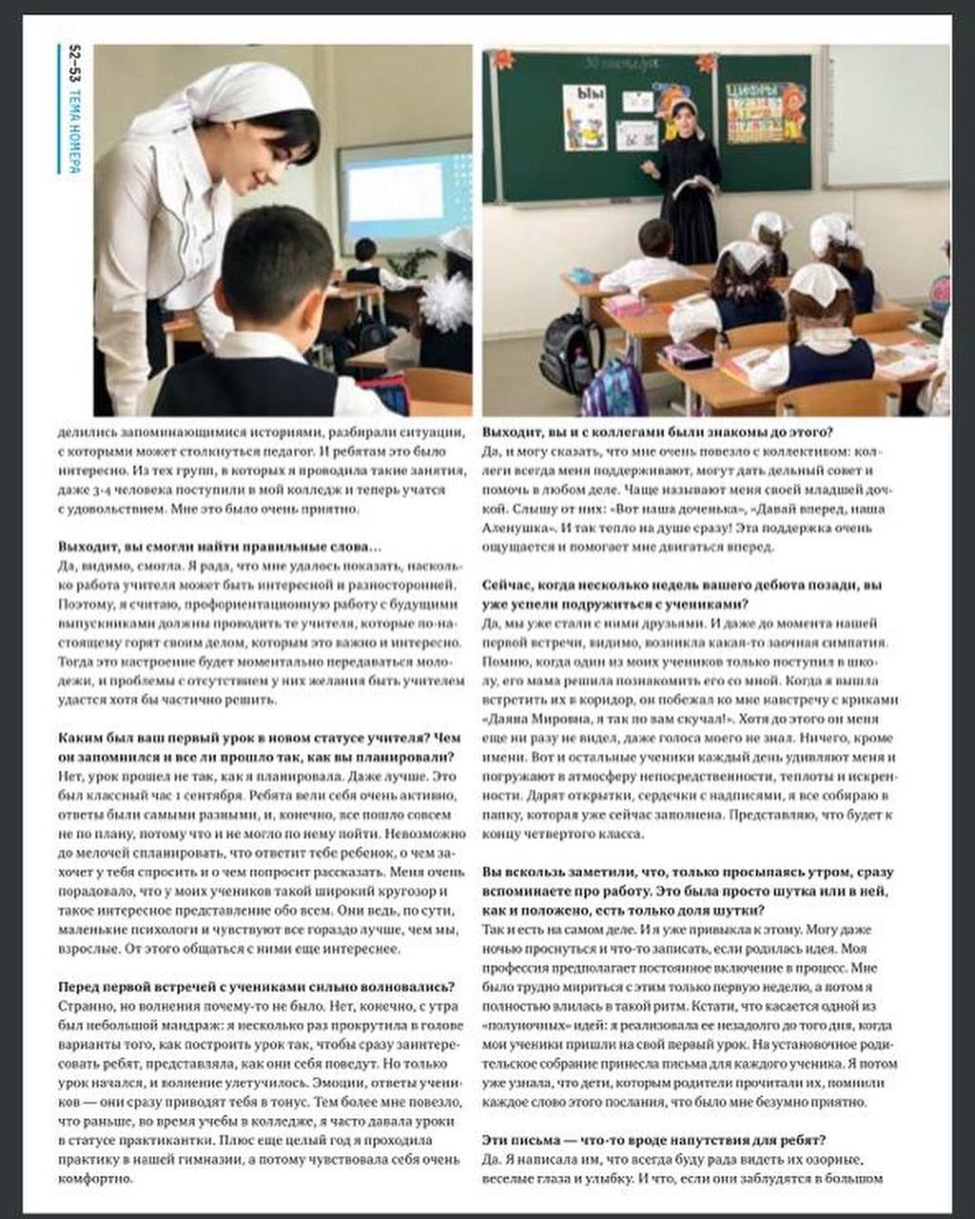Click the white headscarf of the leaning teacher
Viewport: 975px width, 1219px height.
click(x=229, y=99)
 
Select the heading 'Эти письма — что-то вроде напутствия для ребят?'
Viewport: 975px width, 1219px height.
click(x=654, y=1139)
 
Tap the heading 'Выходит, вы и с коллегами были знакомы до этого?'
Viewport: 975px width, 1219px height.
click(x=658, y=431)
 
